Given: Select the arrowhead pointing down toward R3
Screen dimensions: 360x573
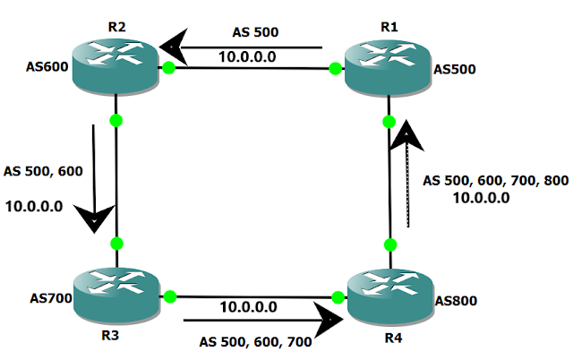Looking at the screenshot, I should click(95, 217).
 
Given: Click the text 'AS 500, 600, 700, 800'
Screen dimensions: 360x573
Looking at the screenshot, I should click(495, 181).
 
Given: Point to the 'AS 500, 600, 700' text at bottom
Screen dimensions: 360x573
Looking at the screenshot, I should click(257, 341).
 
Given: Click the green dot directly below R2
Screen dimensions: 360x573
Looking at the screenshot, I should click(116, 120).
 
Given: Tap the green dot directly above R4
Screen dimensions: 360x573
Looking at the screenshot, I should click(389, 244).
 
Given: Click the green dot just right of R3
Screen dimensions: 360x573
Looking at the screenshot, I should click(168, 296).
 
